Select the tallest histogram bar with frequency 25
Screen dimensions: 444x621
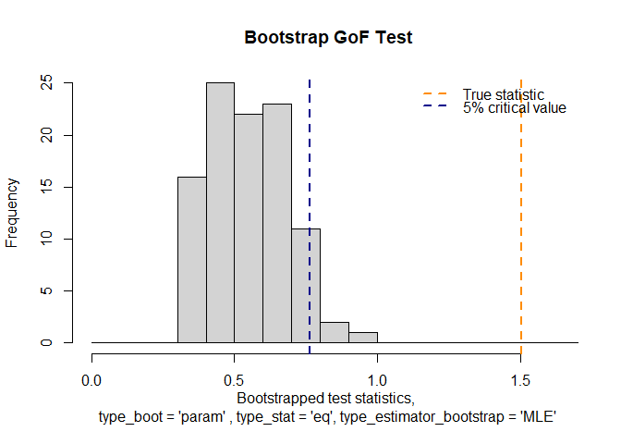tap(220, 213)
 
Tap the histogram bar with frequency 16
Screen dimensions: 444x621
tap(192, 259)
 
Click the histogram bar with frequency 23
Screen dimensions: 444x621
tap(277, 223)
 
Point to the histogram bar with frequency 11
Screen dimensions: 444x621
tap(306, 286)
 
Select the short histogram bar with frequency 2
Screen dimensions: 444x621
tap(335, 332)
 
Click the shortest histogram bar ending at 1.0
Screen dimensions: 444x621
tap(363, 338)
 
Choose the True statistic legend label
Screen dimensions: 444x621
tap(504, 94)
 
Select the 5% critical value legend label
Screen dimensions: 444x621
tap(514, 108)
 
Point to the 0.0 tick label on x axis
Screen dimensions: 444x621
tap(91, 379)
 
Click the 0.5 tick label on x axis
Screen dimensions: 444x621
tap(235, 379)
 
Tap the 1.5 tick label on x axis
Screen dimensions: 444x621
tap(521, 379)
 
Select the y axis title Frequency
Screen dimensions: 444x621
tap(13, 213)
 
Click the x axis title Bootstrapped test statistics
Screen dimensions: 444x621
tap(325, 399)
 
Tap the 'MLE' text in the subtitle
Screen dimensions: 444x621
tap(535, 418)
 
